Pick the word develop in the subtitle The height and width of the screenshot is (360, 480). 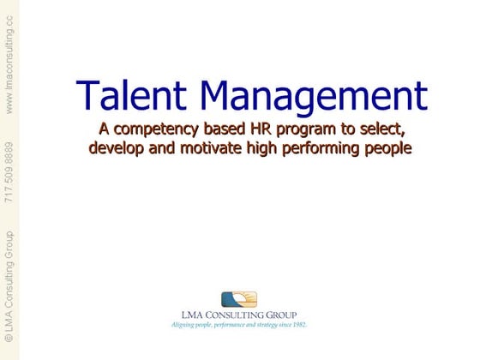click(119, 147)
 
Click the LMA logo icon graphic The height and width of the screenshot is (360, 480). click(239, 300)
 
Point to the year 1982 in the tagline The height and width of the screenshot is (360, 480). click(297, 326)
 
